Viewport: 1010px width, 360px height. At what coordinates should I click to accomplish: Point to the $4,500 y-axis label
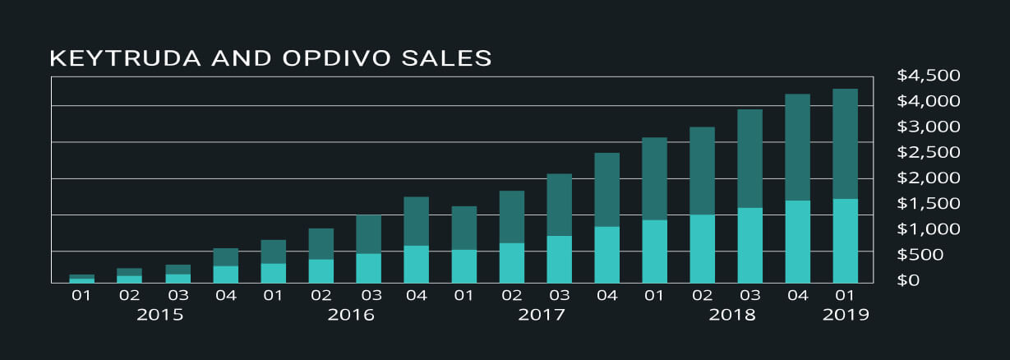pos(929,76)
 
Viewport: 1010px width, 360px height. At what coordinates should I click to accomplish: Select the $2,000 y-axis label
pos(929,178)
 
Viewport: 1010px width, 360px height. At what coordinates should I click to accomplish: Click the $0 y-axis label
pos(909,280)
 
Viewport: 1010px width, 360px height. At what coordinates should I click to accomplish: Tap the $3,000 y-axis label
pos(929,127)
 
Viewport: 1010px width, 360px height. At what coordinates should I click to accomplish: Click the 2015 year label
pos(160,315)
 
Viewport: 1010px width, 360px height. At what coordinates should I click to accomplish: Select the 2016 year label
pos(351,315)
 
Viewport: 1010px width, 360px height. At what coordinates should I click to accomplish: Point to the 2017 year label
pos(542,315)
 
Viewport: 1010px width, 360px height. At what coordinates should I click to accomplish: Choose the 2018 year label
pos(732,315)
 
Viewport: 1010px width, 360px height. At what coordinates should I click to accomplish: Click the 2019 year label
pos(846,315)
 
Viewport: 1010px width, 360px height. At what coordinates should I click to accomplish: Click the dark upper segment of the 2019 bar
pos(846,144)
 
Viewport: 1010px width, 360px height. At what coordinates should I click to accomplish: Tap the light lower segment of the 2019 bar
pos(846,241)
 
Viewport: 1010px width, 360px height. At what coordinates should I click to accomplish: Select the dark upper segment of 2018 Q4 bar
pos(798,147)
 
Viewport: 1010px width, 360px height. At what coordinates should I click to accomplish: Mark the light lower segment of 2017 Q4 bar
pos(607,255)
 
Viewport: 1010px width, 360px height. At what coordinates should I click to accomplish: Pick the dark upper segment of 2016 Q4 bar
pos(417,221)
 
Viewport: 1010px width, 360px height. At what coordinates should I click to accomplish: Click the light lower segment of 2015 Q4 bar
pos(226,275)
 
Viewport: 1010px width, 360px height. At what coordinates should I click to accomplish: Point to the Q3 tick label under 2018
pos(750,294)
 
